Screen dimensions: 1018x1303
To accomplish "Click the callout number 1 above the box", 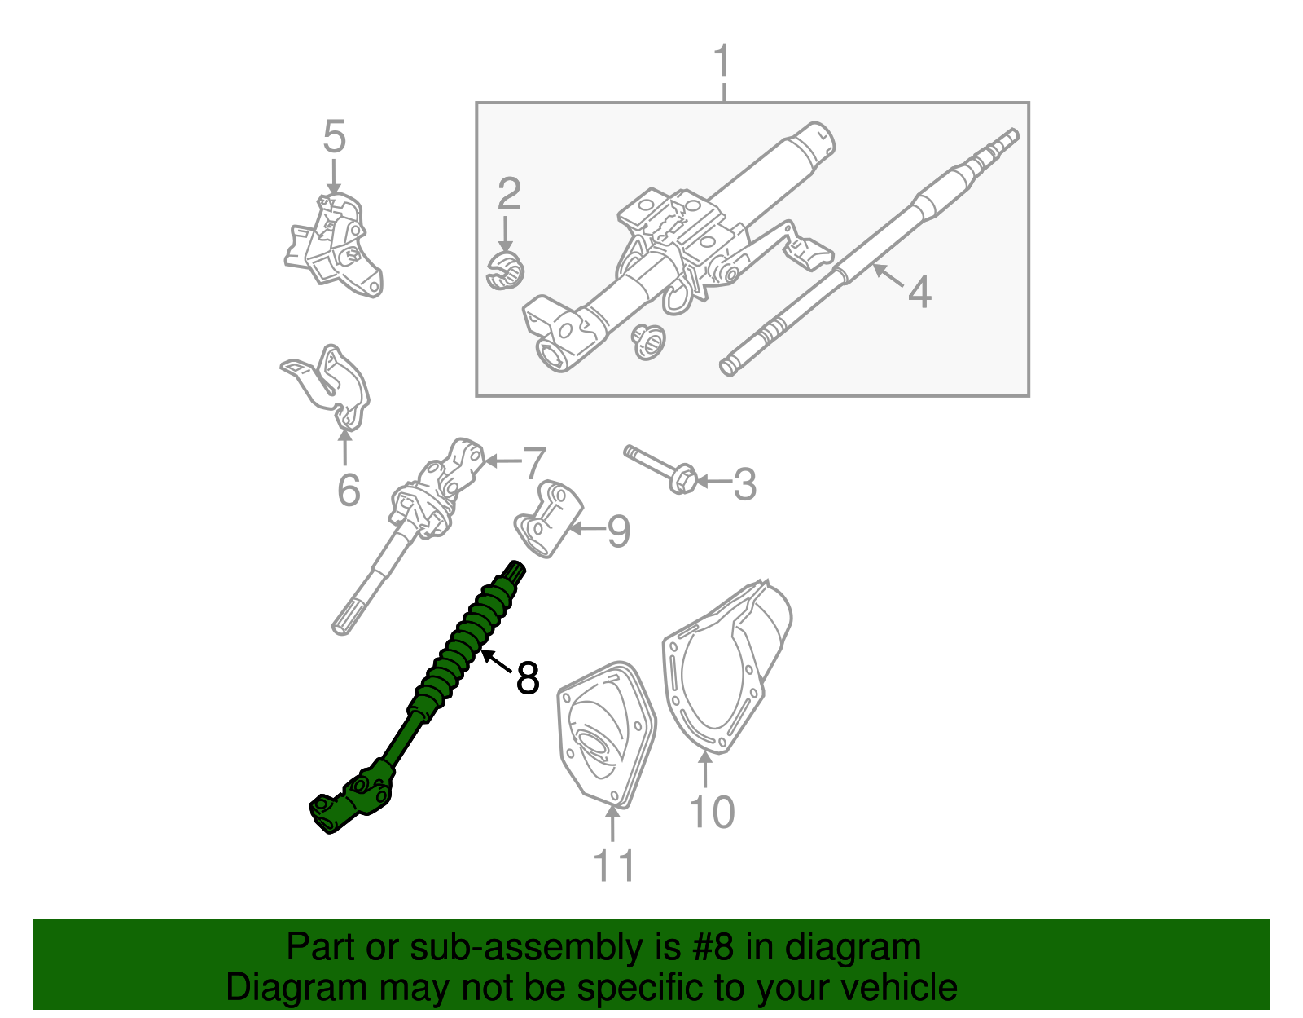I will pos(722,62).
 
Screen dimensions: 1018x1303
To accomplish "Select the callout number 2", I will pos(509,194).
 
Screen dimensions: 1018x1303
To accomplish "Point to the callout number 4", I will pos(919,292).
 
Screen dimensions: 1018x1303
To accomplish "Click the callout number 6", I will pos(349,489).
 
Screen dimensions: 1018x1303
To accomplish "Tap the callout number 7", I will pos(533,463).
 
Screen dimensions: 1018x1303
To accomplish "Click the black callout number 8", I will pos(528,677).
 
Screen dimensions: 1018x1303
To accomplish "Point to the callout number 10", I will pos(711,812).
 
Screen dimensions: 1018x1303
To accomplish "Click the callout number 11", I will pos(613,866).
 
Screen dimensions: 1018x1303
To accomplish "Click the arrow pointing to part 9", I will pos(586,530).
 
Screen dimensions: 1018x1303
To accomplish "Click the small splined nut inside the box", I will pos(648,341).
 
